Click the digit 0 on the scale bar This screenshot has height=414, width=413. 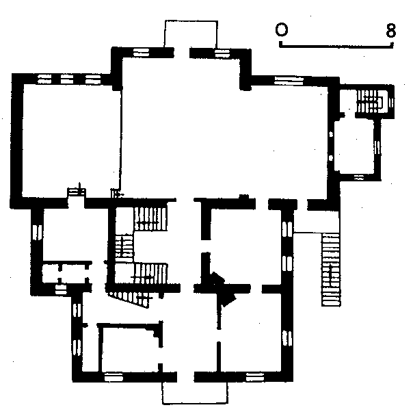tap(281, 29)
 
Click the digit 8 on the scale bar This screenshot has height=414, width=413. tap(391, 30)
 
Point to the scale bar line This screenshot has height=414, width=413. tap(336, 47)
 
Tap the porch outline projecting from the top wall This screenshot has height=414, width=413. tap(191, 21)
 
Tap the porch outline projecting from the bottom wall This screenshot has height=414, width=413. tap(195, 403)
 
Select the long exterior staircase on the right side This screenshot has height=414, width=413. tap(331, 270)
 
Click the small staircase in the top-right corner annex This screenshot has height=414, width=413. tap(370, 101)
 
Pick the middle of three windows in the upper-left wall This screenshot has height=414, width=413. tap(67, 79)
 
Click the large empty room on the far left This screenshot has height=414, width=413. tap(71, 140)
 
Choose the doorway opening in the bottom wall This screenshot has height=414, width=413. tap(185, 377)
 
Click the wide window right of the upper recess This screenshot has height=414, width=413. tap(289, 80)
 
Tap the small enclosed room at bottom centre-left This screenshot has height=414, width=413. tap(130, 349)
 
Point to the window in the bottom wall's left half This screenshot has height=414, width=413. tap(114, 377)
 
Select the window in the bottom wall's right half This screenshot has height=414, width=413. tap(255, 377)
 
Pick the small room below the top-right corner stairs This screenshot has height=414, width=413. tap(354, 146)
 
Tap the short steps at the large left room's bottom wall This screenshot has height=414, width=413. tap(77, 192)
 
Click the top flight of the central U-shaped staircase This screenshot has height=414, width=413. tap(150, 219)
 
